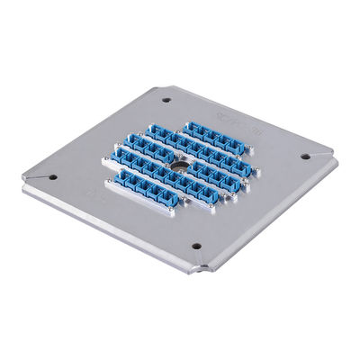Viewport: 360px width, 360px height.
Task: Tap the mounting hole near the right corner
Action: (x=304, y=156)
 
